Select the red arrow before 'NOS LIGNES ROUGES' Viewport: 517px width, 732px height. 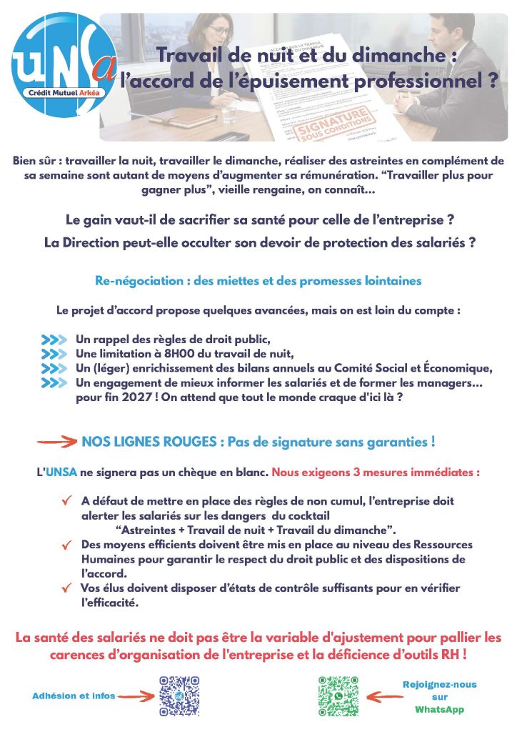57,442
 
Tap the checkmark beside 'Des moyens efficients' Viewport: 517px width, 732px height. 66,545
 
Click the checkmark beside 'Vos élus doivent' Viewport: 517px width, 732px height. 66,588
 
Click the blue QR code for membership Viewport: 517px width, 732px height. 179,695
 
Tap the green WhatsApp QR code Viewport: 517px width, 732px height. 338,695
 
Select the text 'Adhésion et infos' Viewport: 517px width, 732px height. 74,696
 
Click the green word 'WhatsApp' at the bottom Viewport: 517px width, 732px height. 439,710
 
